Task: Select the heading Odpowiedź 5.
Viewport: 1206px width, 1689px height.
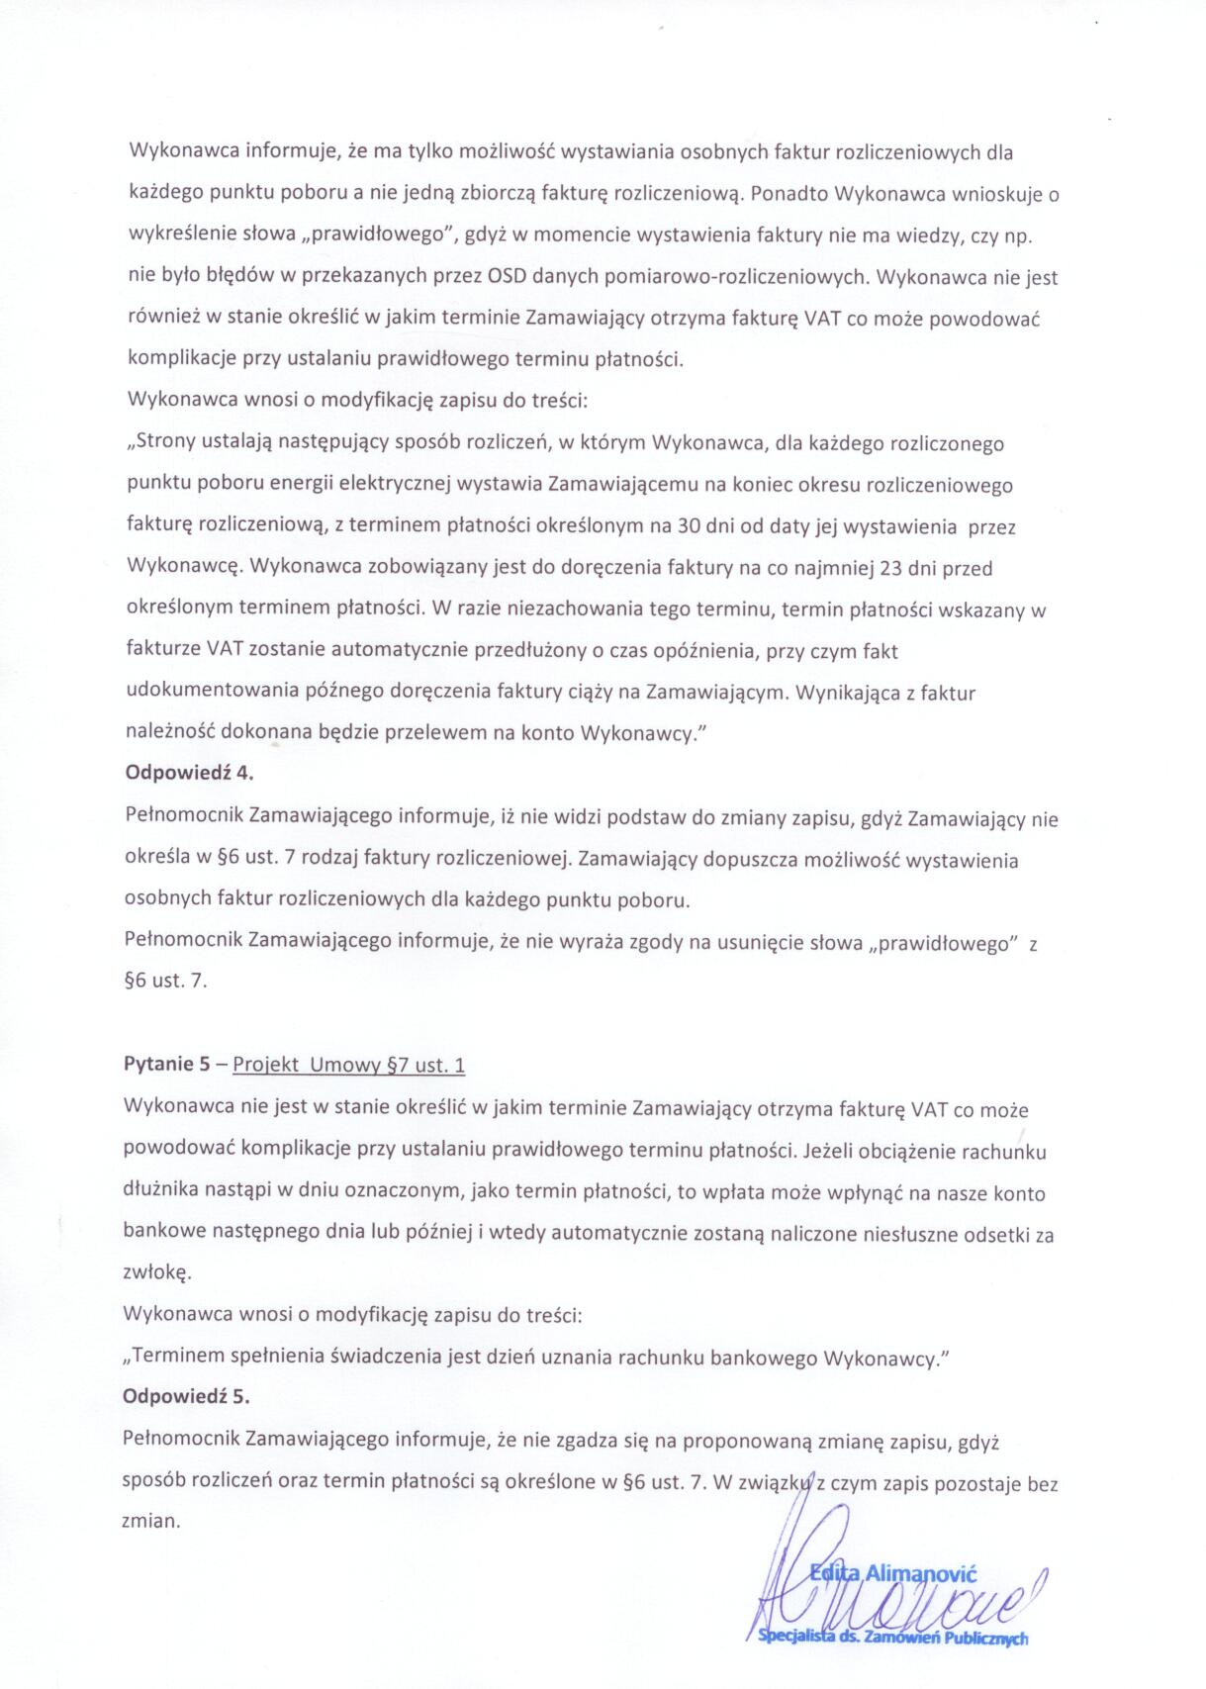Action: tap(186, 1397)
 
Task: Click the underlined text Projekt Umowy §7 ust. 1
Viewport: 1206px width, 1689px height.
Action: tap(349, 1066)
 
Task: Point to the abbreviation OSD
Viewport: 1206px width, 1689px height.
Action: tap(508, 277)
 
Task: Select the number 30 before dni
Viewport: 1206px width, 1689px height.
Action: tap(689, 527)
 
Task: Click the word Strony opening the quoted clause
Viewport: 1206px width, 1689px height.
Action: tap(166, 443)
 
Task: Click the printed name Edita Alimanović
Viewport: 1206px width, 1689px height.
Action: tap(893, 1573)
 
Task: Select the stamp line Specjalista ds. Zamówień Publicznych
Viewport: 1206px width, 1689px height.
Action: tap(892, 1638)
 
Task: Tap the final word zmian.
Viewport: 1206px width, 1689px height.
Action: tap(150, 1522)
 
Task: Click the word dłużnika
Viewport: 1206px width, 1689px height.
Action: tap(161, 1192)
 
